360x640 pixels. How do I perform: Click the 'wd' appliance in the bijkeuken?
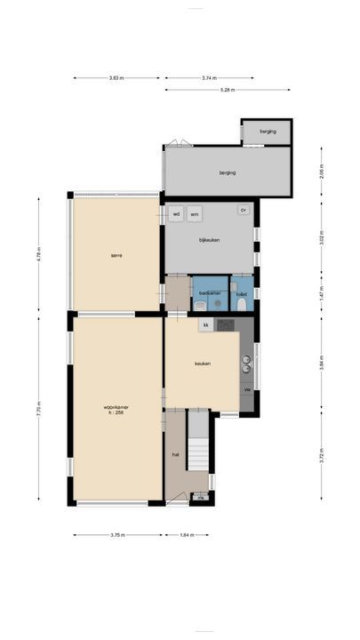click(176, 213)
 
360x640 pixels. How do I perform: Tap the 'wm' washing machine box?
click(194, 213)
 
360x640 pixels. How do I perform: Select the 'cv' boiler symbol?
click(242, 210)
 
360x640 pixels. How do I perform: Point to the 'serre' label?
click(116, 255)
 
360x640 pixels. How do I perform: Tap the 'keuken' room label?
click(202, 364)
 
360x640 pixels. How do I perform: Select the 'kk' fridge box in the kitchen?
click(204, 325)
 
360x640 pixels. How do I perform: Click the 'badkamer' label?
click(210, 292)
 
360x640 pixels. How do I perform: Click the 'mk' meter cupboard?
click(201, 497)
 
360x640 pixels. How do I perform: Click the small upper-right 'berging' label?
click(268, 132)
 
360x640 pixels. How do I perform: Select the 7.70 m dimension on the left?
click(39, 411)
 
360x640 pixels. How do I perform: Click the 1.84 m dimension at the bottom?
click(184, 535)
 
